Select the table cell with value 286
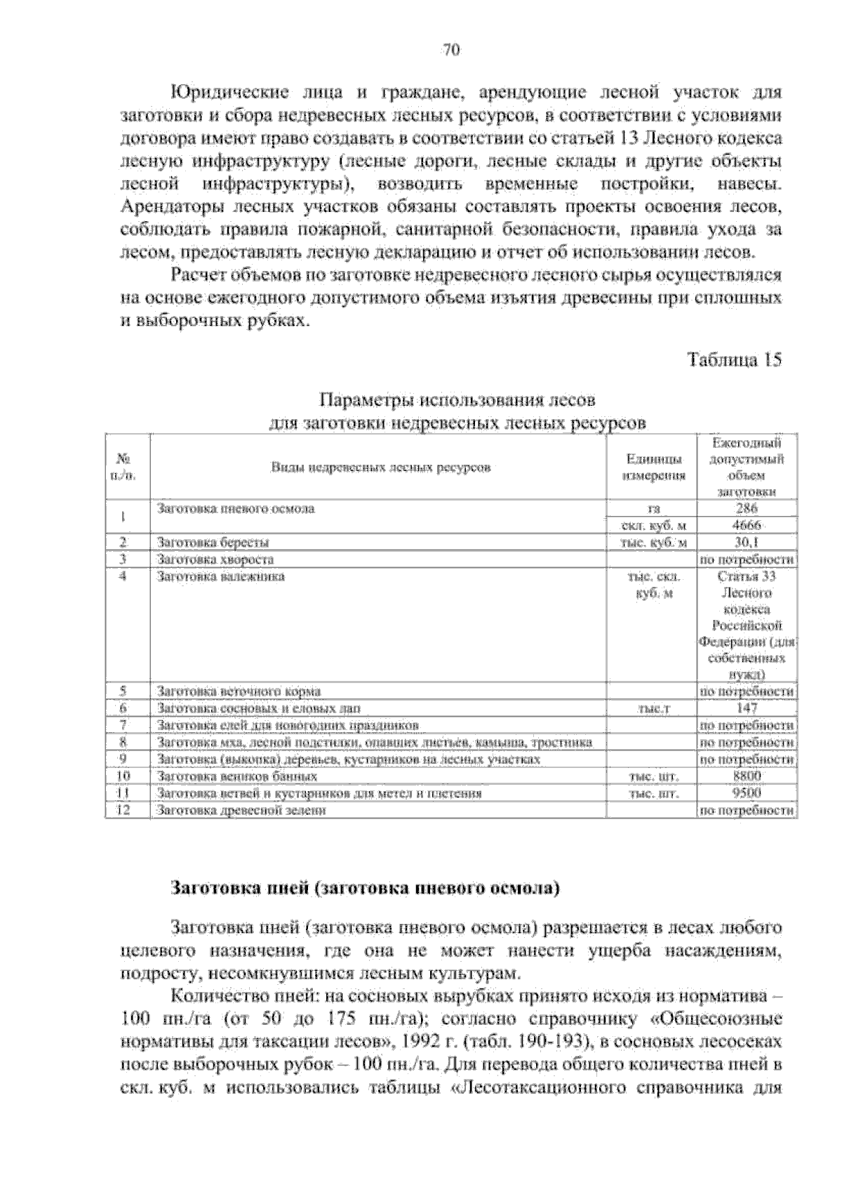746,509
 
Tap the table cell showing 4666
746,526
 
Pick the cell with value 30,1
746,543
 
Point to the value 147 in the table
746,708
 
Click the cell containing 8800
746,776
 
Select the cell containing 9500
746,793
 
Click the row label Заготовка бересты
213,543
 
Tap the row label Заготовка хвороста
215,559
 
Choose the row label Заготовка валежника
221,576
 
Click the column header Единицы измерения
652,468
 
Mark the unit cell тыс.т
652,709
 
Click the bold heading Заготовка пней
366,889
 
